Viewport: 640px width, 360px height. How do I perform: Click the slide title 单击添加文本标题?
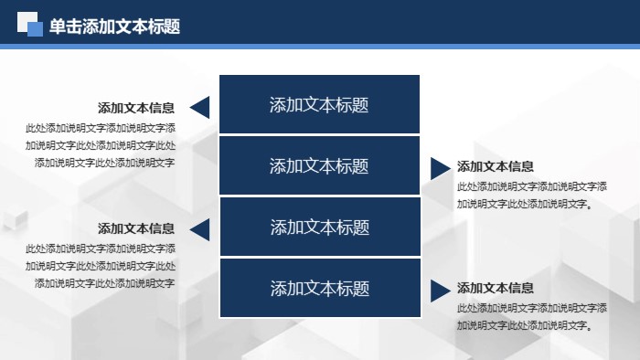pos(114,26)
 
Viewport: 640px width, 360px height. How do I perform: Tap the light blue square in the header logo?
pos(36,29)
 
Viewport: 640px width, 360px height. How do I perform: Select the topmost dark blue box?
pos(319,104)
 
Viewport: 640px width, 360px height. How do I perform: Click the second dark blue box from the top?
pos(319,165)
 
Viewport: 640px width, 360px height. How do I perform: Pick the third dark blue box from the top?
pos(319,227)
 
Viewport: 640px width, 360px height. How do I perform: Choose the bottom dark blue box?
pos(319,289)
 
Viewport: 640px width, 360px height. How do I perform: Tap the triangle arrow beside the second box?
pos(438,167)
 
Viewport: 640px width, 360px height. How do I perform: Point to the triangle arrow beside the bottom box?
pos(438,291)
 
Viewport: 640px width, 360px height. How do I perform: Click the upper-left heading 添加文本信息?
pos(136,107)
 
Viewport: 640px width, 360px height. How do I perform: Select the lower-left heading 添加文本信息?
pos(136,228)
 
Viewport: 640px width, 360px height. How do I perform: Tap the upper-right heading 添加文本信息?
pos(496,166)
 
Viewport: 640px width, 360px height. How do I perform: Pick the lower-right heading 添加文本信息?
pos(496,288)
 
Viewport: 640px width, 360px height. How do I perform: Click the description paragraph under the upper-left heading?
pos(101,145)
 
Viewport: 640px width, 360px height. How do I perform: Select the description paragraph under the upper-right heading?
pos(531,195)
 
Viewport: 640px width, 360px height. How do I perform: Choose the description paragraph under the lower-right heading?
pos(531,316)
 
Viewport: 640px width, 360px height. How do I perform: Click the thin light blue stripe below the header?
pos(320,47)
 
